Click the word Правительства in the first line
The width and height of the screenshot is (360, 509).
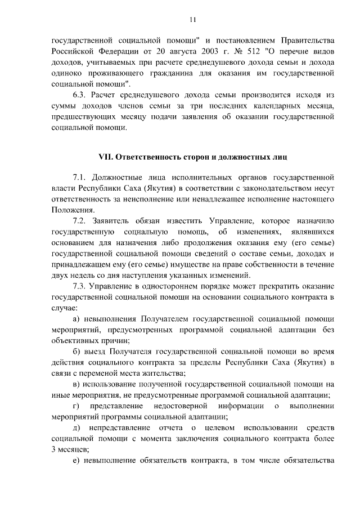click(305, 41)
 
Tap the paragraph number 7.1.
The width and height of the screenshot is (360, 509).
click(80, 177)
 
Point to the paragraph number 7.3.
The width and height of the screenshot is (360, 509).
click(80, 286)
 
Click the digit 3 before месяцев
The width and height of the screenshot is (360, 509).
click(53, 449)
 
